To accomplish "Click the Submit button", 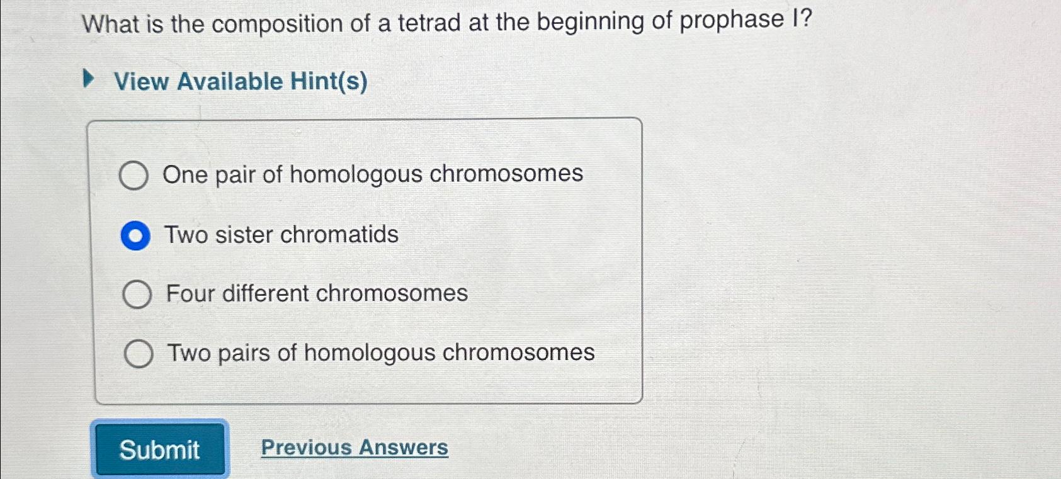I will click(x=160, y=449).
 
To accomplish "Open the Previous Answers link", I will click(x=355, y=448).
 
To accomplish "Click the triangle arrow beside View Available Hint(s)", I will click(x=89, y=80).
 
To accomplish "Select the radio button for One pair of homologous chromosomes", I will click(x=133, y=175).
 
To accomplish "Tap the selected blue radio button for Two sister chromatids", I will click(x=135, y=236).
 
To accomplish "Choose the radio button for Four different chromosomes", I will click(x=137, y=295).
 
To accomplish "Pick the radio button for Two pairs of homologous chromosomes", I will click(x=139, y=354).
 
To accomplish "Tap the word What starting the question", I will click(x=111, y=25).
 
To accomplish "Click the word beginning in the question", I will click(x=591, y=21).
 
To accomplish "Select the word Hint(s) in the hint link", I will click(x=329, y=81).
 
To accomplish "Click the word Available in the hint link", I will click(x=230, y=81).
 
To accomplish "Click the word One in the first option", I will click(x=184, y=174).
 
